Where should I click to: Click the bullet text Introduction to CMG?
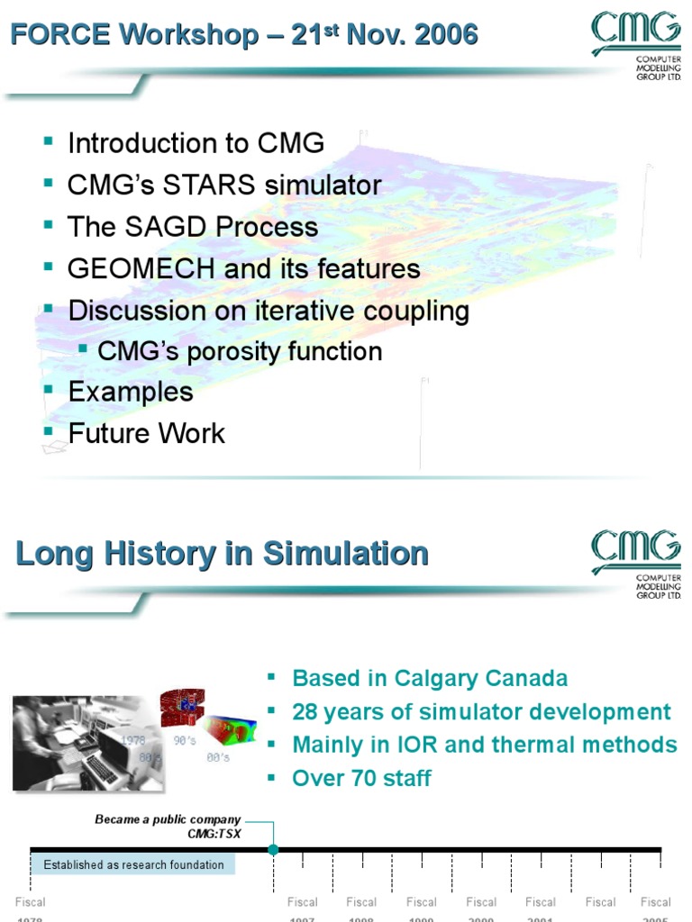click(196, 144)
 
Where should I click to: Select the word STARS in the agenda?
click(239, 185)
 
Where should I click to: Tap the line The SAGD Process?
click(193, 227)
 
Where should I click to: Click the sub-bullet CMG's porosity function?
click(240, 351)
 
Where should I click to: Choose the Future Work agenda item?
click(146, 433)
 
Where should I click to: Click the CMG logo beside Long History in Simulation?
click(635, 562)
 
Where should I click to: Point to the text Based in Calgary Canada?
click(430, 678)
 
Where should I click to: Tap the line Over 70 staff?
click(361, 778)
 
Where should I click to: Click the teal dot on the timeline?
click(273, 849)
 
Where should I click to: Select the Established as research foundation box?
click(133, 865)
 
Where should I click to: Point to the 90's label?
click(186, 740)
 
